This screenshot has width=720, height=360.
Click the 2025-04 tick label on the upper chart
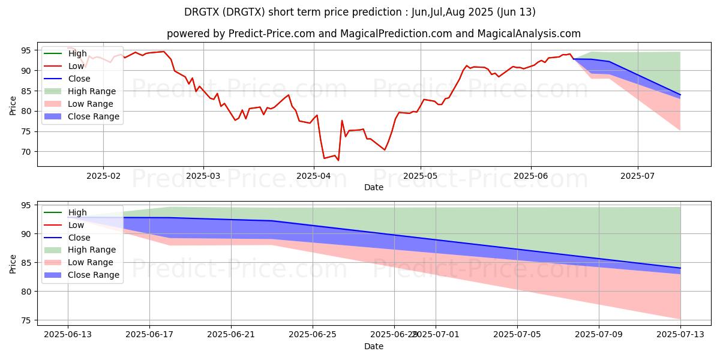[x=314, y=176]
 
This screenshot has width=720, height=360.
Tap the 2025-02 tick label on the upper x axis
[x=103, y=176]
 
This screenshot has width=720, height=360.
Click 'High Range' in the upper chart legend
[x=92, y=91]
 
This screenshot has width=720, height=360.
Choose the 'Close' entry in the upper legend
[x=79, y=79]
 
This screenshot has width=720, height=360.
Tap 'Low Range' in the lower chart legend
[x=91, y=262]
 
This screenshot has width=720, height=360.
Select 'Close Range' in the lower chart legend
[x=94, y=275]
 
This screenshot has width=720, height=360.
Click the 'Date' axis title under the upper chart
[x=374, y=187]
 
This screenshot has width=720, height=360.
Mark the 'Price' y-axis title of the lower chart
[x=13, y=263]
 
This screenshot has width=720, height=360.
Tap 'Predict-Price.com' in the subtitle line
[x=272, y=34]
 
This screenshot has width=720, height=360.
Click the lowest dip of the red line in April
[x=338, y=160]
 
